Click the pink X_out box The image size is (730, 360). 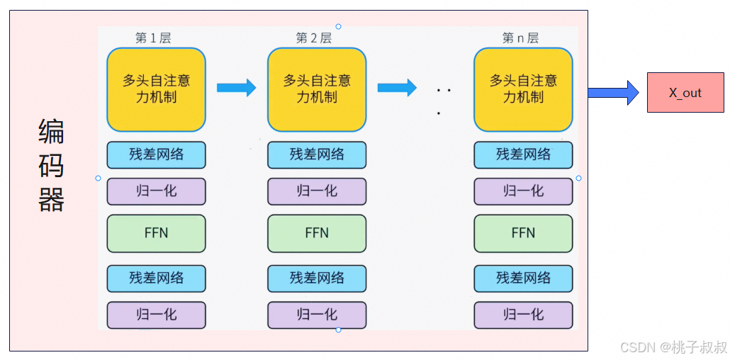pyautogui.click(x=685, y=93)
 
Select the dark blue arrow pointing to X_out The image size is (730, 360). pyautogui.click(x=613, y=93)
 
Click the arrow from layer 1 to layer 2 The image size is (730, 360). pyautogui.click(x=236, y=88)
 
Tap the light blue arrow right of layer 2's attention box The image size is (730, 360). pyautogui.click(x=397, y=88)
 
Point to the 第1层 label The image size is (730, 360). pyautogui.click(x=153, y=38)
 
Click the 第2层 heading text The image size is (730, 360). pyautogui.click(x=313, y=38)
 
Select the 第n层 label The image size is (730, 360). pyautogui.click(x=520, y=38)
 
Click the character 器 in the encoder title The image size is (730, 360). pyautogui.click(x=52, y=201)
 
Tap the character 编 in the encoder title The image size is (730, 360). pyautogui.click(x=52, y=133)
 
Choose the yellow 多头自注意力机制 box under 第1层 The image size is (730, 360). pyautogui.click(x=156, y=89)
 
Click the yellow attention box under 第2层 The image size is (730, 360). pyautogui.click(x=317, y=89)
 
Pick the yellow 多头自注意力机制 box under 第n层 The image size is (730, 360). pyautogui.click(x=523, y=89)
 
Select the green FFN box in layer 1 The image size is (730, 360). pyautogui.click(x=156, y=233)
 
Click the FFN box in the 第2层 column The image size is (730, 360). pyautogui.click(x=317, y=233)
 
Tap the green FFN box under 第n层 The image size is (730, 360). pyautogui.click(x=523, y=233)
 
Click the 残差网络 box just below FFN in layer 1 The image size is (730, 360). pyautogui.click(x=156, y=279)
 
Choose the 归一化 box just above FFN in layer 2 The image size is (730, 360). pyautogui.click(x=317, y=191)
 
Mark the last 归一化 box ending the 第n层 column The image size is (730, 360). pyautogui.click(x=523, y=315)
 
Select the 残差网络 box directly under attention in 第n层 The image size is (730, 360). pyautogui.click(x=523, y=154)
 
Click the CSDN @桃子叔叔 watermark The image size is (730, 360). pyautogui.click(x=673, y=347)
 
